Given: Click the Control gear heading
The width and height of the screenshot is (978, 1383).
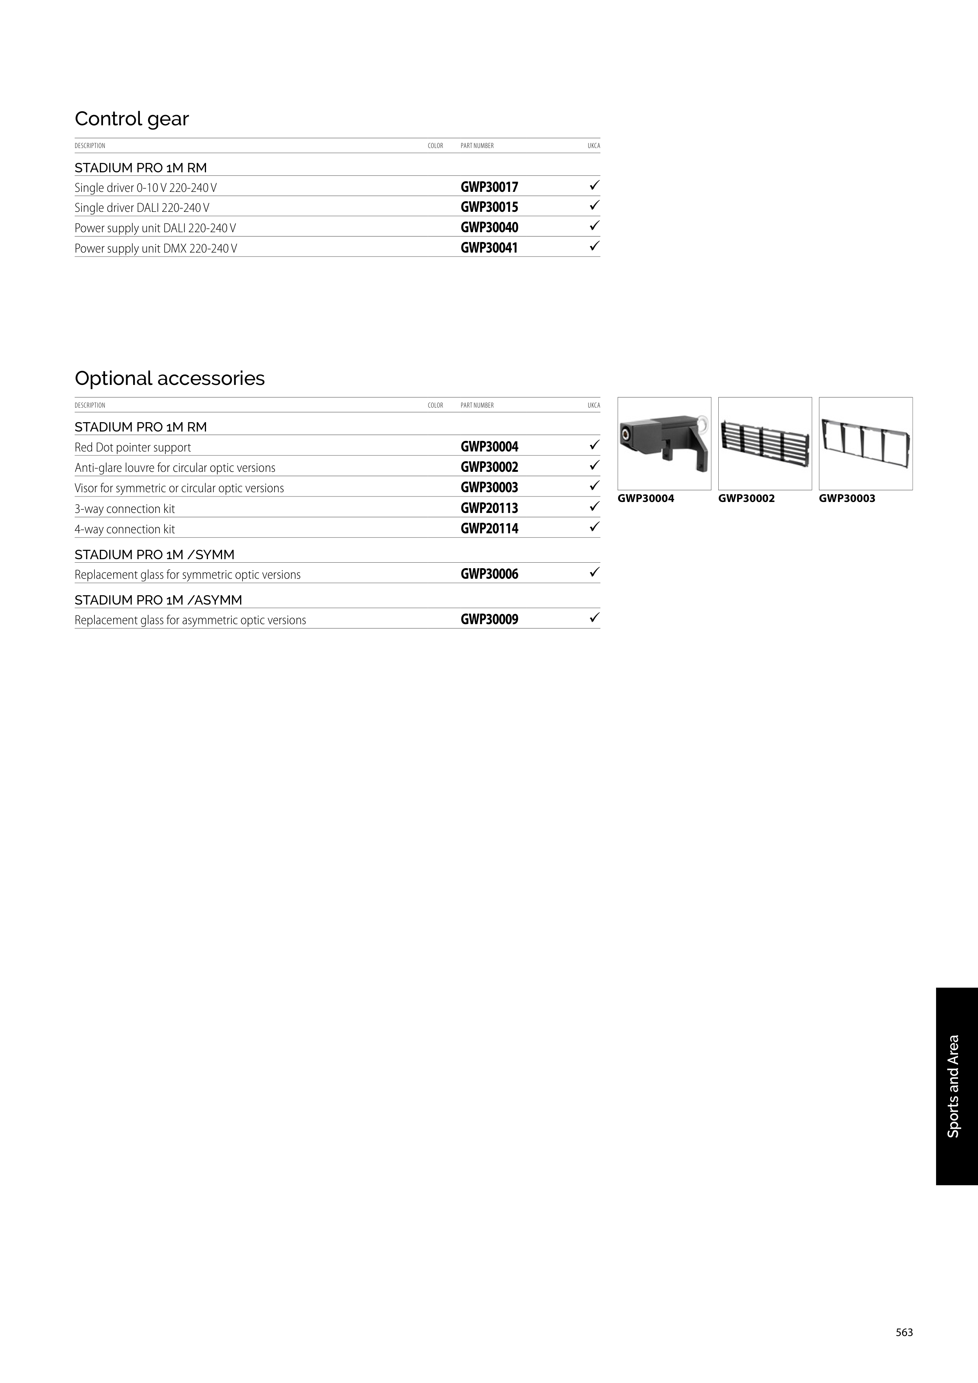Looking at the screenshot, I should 131,119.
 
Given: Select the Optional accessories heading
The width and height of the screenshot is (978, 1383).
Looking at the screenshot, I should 169,378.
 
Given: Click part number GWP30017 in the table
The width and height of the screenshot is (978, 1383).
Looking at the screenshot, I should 489,187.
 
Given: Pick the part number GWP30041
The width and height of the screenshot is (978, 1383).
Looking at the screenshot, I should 489,247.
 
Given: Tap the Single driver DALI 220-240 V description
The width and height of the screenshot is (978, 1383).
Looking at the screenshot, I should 142,208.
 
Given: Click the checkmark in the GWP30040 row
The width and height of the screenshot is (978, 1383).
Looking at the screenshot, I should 594,226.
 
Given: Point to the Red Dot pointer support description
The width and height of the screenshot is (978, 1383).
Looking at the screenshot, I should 132,448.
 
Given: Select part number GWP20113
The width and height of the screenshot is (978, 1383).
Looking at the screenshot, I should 489,508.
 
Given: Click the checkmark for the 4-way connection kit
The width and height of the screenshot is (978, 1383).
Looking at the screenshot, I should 594,527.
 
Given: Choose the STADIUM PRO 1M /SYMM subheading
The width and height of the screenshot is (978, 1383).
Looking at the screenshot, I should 154,554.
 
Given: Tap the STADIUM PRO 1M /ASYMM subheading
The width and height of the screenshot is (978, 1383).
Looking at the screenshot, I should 158,600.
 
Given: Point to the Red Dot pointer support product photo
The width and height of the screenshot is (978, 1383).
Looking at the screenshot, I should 664,444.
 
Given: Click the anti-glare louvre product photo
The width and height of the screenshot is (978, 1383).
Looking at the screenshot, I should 765,444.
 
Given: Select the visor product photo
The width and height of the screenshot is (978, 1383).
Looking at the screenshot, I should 865,444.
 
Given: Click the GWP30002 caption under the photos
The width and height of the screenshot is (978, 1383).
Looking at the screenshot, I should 746,499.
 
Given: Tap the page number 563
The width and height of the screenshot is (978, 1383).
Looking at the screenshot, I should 904,1332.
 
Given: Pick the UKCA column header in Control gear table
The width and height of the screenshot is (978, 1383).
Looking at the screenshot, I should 593,146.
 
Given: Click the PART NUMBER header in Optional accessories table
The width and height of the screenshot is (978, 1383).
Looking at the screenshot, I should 477,405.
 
